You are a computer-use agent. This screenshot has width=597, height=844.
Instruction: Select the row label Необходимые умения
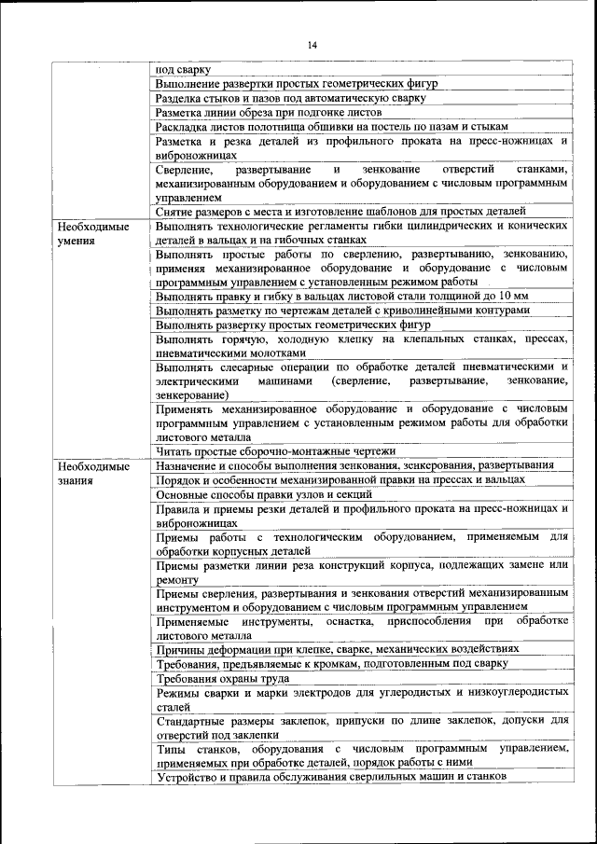(x=92, y=233)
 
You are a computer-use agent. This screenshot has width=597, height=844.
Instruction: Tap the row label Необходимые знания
(x=92, y=473)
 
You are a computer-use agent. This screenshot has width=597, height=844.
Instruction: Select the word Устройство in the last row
(x=189, y=777)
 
